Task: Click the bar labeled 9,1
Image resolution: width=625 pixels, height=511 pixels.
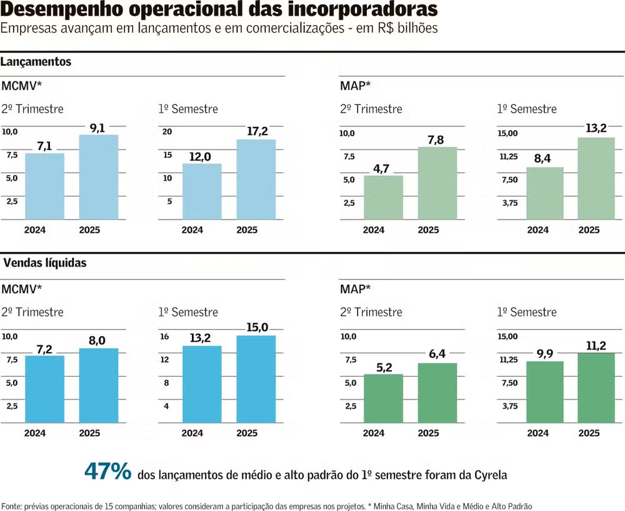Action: [x=99, y=177]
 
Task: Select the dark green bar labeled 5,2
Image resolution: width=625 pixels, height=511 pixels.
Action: [x=383, y=398]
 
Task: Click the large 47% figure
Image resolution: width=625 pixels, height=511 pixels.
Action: [x=107, y=472]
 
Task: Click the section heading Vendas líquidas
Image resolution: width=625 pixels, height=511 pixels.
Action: [x=45, y=263]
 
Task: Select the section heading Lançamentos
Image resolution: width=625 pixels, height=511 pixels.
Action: [x=36, y=62]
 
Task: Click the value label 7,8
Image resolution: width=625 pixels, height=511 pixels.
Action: [x=436, y=140]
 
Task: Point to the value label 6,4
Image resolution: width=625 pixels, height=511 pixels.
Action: [x=436, y=355]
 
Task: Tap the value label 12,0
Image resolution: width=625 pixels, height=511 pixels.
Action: [x=200, y=156]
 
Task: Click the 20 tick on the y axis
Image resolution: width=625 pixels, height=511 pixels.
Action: [x=167, y=132]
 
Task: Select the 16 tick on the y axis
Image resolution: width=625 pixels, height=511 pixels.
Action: [x=165, y=336]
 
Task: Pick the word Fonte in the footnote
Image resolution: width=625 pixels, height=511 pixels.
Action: [x=12, y=505]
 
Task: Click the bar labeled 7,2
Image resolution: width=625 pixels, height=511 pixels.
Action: [x=44, y=389]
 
